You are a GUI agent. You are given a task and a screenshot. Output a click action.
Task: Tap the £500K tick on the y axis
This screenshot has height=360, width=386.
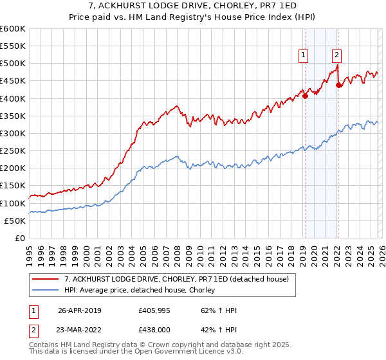click(12, 64)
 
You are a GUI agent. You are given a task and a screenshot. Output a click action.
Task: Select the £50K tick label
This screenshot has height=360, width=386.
click(15, 221)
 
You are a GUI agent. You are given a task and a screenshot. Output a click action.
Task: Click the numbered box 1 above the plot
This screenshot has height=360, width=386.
click(303, 56)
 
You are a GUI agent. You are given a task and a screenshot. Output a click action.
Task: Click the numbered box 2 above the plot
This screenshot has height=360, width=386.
click(336, 56)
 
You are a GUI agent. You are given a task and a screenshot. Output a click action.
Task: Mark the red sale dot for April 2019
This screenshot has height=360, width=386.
click(306, 96)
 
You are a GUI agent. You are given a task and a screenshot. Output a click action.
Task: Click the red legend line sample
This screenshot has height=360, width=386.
click(46, 279)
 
